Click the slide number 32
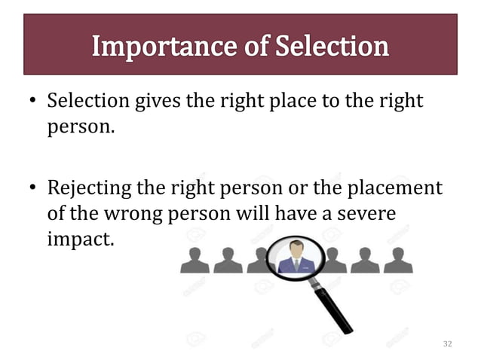click(x=448, y=344)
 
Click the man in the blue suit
click(x=295, y=258)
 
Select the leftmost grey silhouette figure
click(x=195, y=261)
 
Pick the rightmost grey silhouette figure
click(x=398, y=261)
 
